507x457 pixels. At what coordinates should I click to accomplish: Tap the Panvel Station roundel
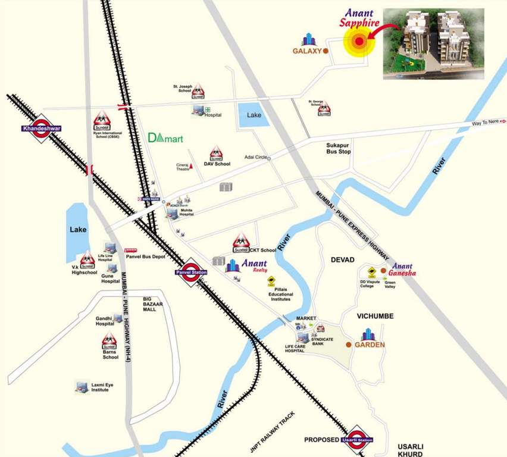(190, 273)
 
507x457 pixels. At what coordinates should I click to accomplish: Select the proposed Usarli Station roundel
(356, 439)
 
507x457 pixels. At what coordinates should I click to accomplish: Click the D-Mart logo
(165, 138)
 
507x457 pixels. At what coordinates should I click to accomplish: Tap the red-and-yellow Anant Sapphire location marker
(358, 41)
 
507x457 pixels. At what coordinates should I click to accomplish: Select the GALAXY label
(307, 51)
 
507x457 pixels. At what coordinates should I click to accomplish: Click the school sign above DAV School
(216, 154)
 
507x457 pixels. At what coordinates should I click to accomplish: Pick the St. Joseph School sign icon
(198, 91)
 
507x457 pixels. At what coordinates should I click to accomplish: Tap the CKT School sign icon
(241, 242)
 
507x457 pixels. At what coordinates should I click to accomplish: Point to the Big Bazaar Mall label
(153, 305)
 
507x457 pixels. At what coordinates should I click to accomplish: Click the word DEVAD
(342, 261)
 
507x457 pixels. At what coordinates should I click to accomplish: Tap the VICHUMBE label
(375, 316)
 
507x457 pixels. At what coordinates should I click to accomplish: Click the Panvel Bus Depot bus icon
(130, 251)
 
